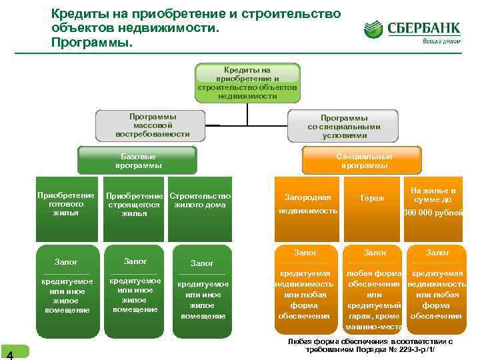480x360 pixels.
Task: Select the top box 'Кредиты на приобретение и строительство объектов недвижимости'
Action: coord(247,83)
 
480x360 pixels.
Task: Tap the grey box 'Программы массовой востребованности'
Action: coord(153,125)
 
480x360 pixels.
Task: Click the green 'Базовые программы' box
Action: coord(138,161)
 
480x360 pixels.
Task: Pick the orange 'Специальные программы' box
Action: coord(363,161)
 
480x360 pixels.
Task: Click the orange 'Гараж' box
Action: coord(372,199)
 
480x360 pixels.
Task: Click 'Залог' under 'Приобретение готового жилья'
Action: coord(65,262)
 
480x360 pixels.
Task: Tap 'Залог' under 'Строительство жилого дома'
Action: coord(202,263)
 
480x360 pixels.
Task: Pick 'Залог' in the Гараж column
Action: coord(375,253)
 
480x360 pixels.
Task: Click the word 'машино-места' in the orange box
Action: coord(373,327)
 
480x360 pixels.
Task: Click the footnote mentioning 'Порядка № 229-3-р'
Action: coord(370,345)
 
